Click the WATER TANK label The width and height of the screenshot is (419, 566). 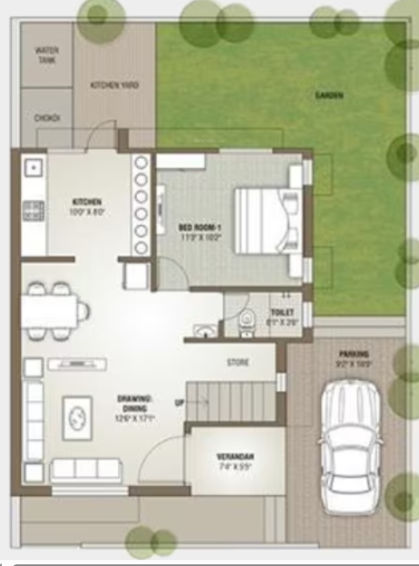click(46, 55)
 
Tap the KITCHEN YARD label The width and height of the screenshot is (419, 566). click(114, 86)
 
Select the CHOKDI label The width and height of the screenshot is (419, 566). click(46, 119)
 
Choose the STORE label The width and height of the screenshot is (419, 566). click(238, 363)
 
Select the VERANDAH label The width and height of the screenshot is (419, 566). click(235, 459)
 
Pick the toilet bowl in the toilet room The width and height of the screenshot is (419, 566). click(246, 318)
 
